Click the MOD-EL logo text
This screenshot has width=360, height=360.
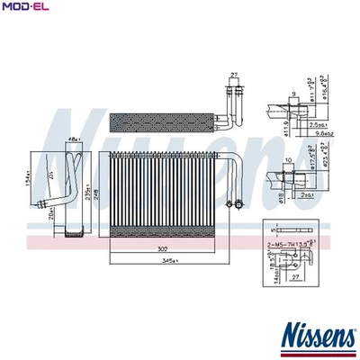[26, 8]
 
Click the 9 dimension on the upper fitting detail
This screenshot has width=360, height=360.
[293, 93]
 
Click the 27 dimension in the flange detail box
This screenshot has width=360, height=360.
[294, 278]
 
